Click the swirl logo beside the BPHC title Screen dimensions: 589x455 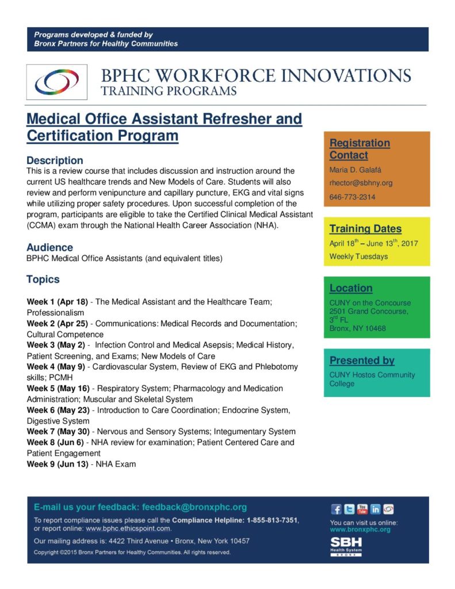pyautogui.click(x=56, y=82)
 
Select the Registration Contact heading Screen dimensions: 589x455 pyautogui.click(x=359, y=149)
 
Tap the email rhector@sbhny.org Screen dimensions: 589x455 pyautogui.click(x=361, y=183)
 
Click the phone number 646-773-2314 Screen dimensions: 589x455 pyautogui.click(x=352, y=197)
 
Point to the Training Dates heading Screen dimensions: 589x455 pyautogui.click(x=365, y=228)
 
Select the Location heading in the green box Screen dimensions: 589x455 pyautogui.click(x=351, y=288)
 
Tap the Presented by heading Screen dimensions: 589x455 pyautogui.click(x=362, y=361)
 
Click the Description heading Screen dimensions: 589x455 pyautogui.click(x=55, y=160)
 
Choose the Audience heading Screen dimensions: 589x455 pyautogui.click(x=49, y=247)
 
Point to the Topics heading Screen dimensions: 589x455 pyautogui.click(x=43, y=280)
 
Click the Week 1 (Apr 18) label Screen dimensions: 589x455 pyautogui.click(x=58, y=301)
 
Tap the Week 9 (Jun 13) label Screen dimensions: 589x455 pyautogui.click(x=58, y=464)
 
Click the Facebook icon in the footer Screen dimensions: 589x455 pyautogui.click(x=337, y=509)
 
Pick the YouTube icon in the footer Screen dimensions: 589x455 pyautogui.click(x=362, y=508)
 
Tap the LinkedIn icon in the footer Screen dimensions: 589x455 pyautogui.click(x=376, y=509)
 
